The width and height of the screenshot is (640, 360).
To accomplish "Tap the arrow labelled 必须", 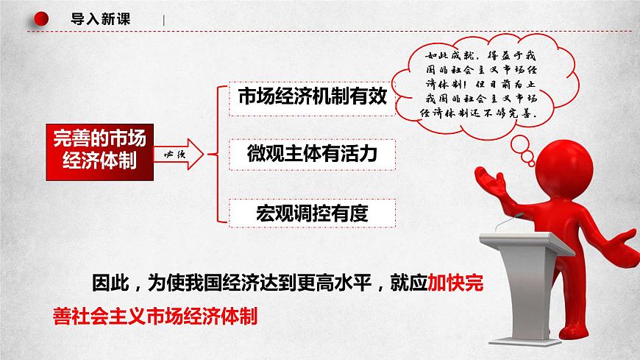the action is tap(181, 153).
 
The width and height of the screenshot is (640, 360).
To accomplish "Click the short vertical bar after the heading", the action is tap(164, 21).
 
